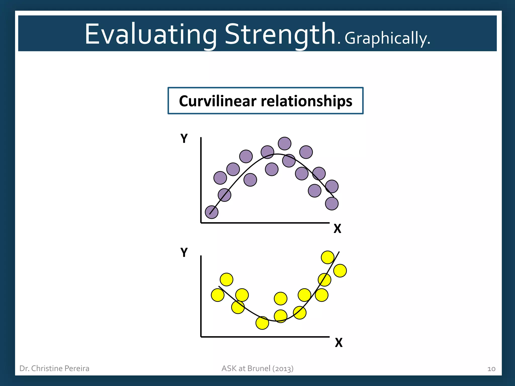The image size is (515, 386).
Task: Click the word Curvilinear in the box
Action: [x=218, y=101]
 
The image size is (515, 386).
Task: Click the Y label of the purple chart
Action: [x=184, y=138]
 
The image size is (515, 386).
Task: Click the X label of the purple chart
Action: [x=337, y=229]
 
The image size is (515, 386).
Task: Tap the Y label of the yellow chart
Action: [x=184, y=252]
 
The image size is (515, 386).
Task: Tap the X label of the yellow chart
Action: [x=338, y=343]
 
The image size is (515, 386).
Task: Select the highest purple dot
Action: [x=284, y=143]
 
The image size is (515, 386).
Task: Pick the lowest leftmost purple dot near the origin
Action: [x=211, y=212]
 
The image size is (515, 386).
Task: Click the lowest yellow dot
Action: [x=262, y=323]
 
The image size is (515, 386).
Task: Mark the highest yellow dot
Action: [x=327, y=257]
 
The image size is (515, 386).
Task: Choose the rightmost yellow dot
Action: [x=340, y=271]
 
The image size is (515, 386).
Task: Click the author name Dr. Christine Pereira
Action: [x=54, y=368]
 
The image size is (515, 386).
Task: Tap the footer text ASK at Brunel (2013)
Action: [x=257, y=368]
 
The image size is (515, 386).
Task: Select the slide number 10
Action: [x=491, y=369]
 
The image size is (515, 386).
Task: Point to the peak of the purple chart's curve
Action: [x=277, y=154]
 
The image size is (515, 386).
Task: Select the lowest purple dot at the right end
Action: [x=332, y=204]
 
